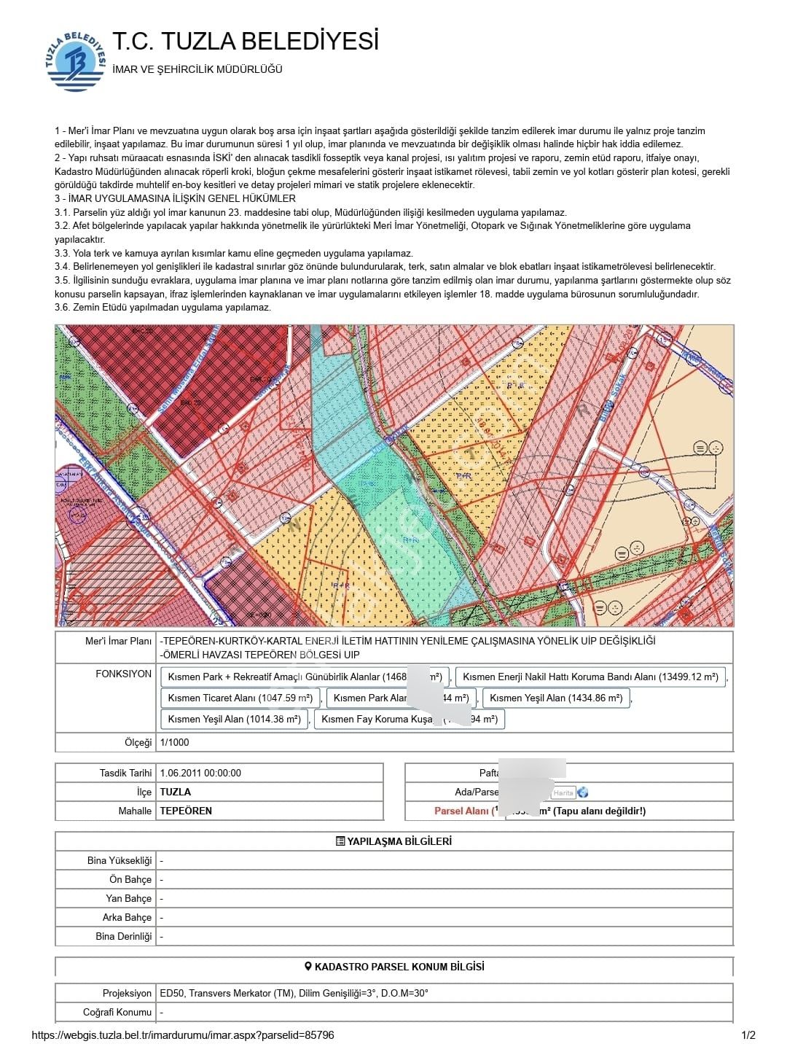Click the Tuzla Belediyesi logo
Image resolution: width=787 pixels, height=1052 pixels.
click(76, 61)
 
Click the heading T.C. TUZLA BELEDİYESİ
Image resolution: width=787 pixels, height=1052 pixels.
click(246, 42)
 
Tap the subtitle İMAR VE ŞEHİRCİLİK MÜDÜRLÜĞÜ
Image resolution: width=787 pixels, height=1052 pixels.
click(197, 70)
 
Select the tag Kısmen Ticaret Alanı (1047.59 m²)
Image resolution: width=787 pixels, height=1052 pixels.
click(240, 698)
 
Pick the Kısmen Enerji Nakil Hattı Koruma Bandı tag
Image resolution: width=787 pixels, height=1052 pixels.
click(590, 677)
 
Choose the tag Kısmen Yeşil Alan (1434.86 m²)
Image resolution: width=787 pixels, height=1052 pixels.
click(556, 698)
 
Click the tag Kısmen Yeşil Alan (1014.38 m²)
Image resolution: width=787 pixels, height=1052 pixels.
click(234, 720)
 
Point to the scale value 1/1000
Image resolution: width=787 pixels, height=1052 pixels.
click(174, 743)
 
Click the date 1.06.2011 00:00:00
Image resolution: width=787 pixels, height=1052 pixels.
click(200, 773)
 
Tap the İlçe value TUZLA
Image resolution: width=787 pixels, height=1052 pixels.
click(176, 792)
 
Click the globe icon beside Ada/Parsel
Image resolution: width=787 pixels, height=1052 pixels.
click(582, 792)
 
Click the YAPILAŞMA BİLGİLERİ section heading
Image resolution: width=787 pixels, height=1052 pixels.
click(393, 841)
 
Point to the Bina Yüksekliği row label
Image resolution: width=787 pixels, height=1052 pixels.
click(120, 861)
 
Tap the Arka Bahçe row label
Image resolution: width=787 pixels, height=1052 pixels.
click(127, 918)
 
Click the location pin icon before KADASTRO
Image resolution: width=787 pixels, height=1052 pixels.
click(308, 967)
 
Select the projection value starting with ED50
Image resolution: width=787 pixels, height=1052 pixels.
click(294, 994)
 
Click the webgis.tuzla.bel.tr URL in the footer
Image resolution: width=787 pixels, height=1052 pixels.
click(183, 1035)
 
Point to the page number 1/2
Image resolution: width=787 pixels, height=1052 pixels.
click(748, 1035)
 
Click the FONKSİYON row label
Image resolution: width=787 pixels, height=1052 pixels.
click(124, 674)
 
